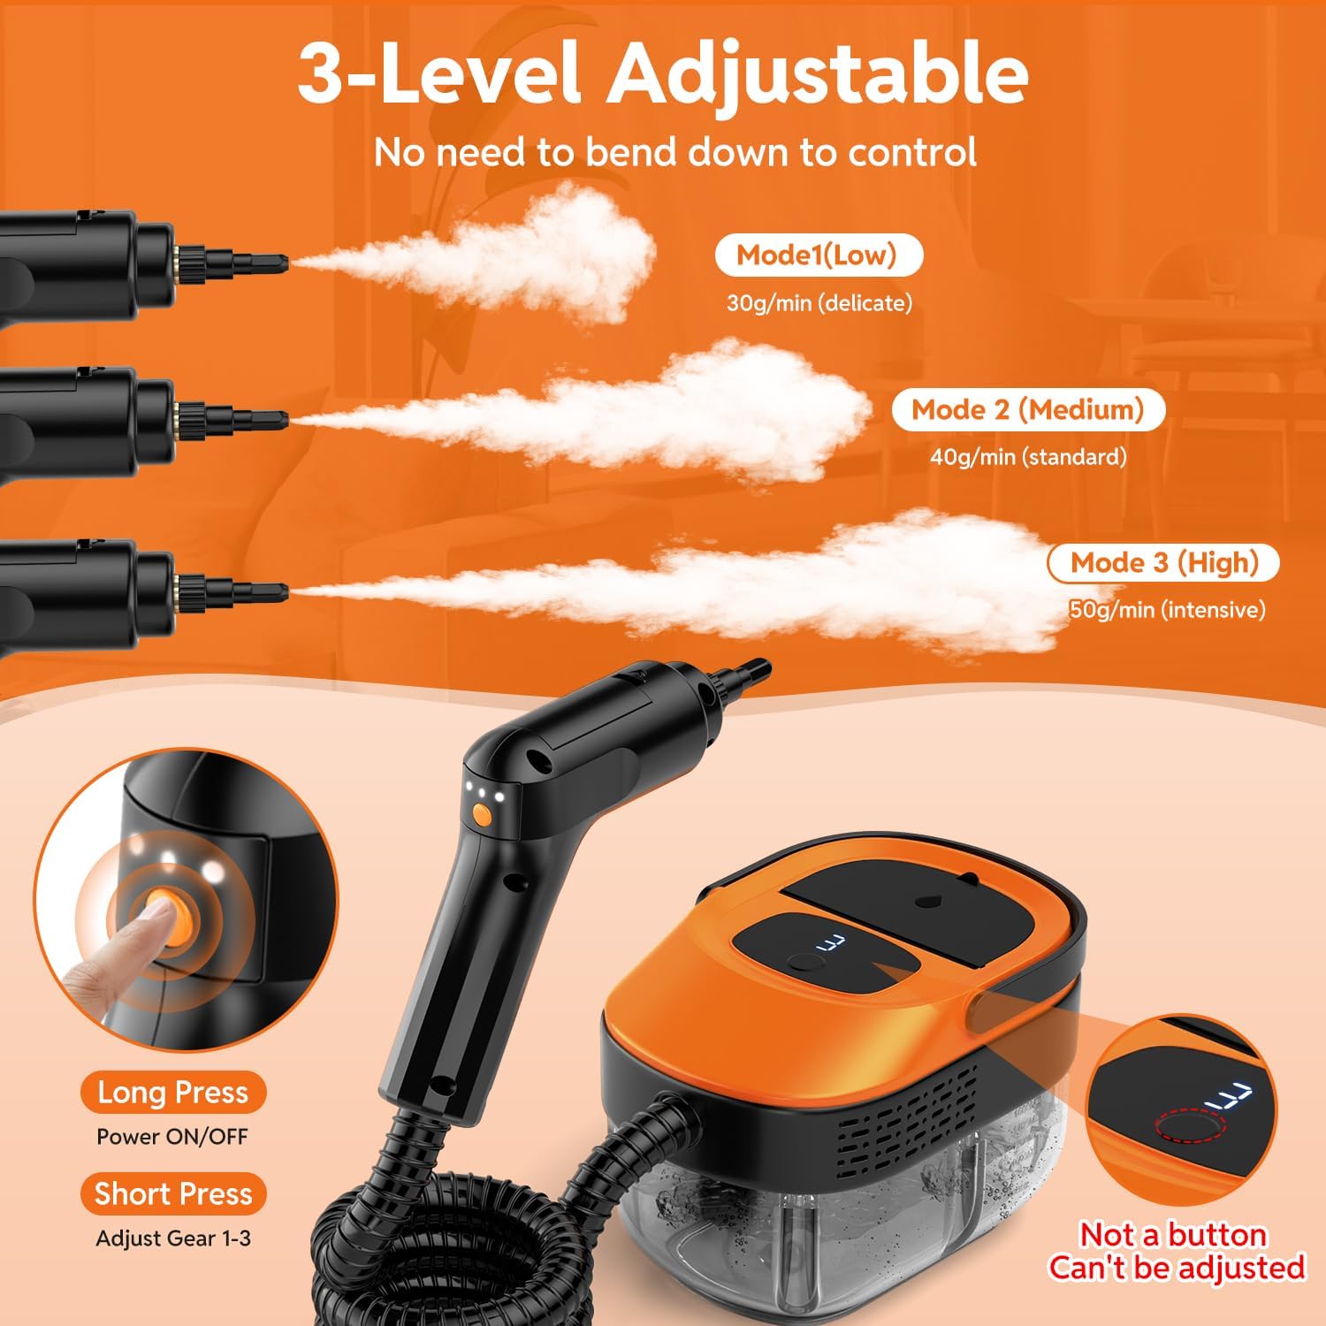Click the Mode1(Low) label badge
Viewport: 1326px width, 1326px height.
point(817,255)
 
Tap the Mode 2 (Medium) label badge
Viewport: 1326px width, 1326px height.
point(1027,410)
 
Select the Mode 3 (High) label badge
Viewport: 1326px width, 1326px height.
point(1163,563)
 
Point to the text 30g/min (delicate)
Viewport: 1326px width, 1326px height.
point(819,303)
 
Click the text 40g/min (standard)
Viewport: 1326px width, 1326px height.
point(1028,457)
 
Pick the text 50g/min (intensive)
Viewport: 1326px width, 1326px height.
point(1167,609)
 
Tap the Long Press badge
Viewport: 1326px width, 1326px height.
point(172,1093)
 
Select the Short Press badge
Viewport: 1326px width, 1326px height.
point(173,1194)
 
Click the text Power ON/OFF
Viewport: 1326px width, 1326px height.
point(172,1137)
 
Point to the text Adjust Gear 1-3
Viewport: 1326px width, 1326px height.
point(173,1238)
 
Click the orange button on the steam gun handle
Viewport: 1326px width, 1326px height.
point(482,814)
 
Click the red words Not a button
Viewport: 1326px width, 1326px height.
point(1173,1235)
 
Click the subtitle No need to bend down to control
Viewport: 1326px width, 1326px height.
point(675,152)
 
